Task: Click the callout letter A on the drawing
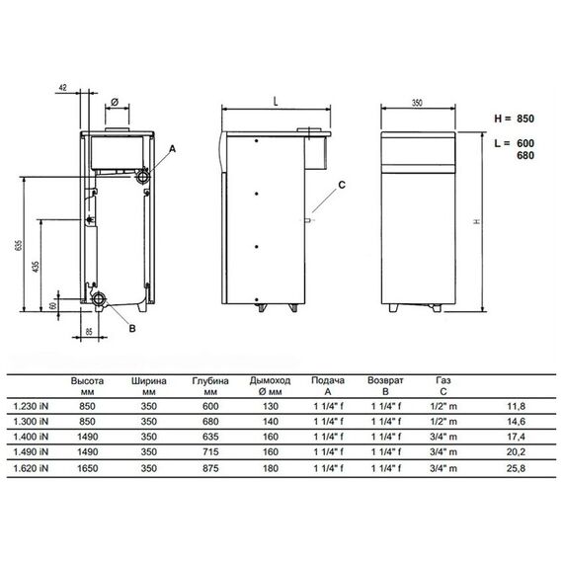click(172, 147)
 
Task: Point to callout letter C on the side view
click(342, 185)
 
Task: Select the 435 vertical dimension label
click(38, 267)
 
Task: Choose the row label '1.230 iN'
click(32, 404)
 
